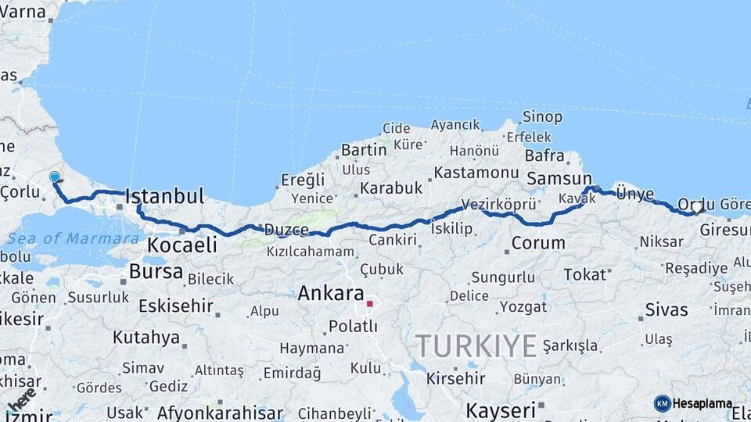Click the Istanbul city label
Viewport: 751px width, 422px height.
click(x=164, y=195)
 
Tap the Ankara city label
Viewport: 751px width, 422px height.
click(x=331, y=294)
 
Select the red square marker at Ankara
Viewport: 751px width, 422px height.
click(x=369, y=303)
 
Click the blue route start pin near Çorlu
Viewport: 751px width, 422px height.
click(x=55, y=177)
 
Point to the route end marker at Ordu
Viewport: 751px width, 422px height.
click(x=696, y=207)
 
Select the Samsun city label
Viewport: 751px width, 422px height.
click(x=559, y=179)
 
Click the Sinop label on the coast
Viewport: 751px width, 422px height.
click(x=542, y=117)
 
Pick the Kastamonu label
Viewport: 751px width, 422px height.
click(x=476, y=172)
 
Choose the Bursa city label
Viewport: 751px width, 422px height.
click(x=156, y=272)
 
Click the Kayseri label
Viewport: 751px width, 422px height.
click(x=501, y=409)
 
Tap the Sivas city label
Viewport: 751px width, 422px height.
click(x=667, y=309)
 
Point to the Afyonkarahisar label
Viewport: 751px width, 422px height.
click(x=220, y=413)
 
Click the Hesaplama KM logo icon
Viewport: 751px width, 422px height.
click(x=662, y=403)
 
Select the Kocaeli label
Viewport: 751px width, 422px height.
click(x=182, y=245)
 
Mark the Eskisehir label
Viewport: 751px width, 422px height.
click(x=176, y=306)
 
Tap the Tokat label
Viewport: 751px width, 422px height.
click(x=584, y=274)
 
